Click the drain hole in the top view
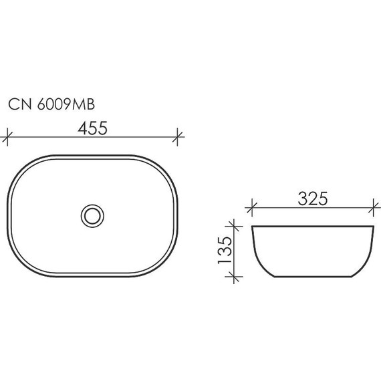[x=92, y=215]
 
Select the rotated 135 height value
[x=225, y=253]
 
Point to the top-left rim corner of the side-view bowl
[x=253, y=229]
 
